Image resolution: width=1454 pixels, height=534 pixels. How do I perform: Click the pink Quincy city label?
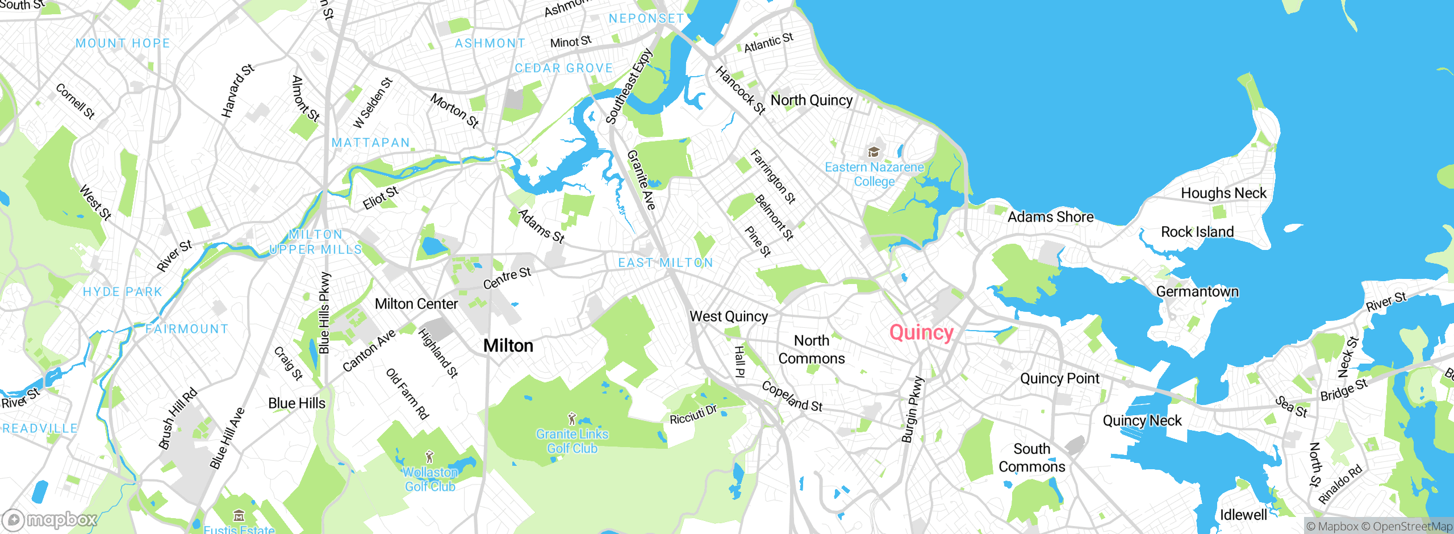[921, 332]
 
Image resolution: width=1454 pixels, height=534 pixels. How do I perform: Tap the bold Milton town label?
[508, 345]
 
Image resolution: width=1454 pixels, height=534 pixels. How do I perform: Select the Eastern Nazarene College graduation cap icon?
[874, 152]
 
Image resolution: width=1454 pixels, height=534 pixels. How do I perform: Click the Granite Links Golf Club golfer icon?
[572, 419]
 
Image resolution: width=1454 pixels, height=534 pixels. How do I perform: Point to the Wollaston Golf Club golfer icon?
[430, 457]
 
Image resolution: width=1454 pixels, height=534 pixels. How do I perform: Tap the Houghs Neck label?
[1223, 193]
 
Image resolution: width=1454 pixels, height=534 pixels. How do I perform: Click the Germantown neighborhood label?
[1197, 291]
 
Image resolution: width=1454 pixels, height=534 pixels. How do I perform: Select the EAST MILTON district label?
[665, 262]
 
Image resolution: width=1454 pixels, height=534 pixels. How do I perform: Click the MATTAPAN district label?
[370, 143]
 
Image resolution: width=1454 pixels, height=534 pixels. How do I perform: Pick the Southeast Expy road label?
[629, 86]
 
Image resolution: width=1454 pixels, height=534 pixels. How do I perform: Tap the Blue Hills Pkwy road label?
[324, 312]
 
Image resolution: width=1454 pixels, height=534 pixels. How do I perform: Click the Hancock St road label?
[740, 90]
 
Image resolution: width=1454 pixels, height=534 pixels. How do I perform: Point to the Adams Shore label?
[1050, 217]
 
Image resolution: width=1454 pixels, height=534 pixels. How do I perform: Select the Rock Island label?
[1197, 232]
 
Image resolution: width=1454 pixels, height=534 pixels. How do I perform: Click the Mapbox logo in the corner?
[50, 519]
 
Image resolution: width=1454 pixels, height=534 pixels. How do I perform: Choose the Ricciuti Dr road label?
[693, 415]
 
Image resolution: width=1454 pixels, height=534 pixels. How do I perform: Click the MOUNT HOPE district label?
[123, 43]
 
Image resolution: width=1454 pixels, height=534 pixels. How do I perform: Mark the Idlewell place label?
[1243, 515]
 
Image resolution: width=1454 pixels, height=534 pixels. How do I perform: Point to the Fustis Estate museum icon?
[239, 516]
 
